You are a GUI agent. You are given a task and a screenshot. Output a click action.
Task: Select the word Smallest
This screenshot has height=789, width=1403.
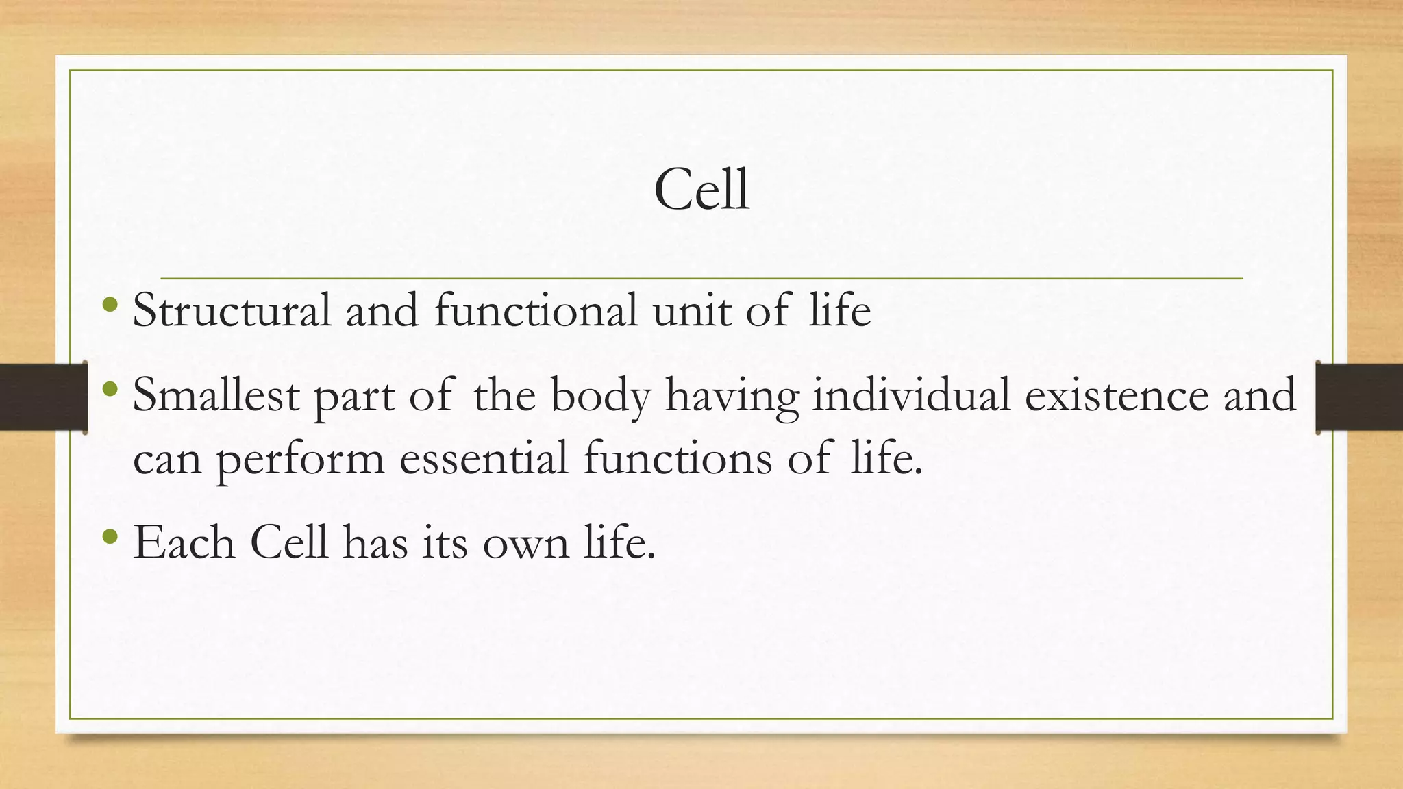pos(215,396)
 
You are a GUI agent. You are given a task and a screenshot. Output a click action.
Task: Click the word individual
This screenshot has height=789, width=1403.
pos(910,395)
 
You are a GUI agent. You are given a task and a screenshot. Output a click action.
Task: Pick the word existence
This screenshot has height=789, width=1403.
pos(1116,396)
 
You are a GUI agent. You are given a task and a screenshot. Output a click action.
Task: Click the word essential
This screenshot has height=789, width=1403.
pos(483,458)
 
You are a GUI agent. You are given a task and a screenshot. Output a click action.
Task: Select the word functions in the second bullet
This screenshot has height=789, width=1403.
pos(677,458)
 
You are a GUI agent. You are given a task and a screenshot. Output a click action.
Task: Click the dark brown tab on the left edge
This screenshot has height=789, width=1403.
pos(42,397)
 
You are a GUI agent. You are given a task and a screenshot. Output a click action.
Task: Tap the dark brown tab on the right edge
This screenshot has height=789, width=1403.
pos(1359,397)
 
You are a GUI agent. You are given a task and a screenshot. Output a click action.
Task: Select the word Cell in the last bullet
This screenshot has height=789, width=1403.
pos(288,542)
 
